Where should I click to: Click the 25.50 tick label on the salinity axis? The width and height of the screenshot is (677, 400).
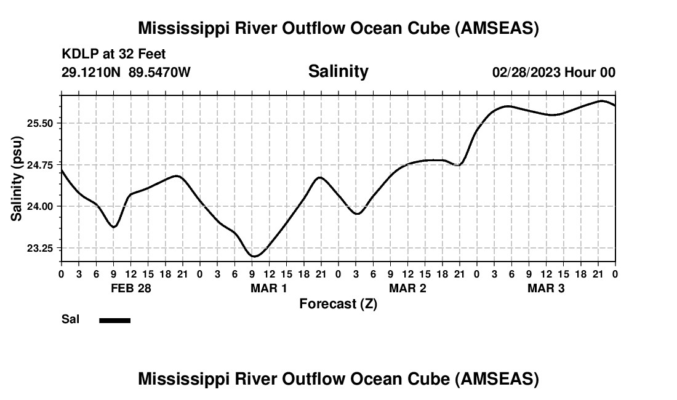[41, 123]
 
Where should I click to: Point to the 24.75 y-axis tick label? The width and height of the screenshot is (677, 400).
[41, 165]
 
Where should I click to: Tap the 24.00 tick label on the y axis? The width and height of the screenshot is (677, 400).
[41, 206]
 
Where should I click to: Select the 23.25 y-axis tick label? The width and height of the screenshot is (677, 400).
[41, 248]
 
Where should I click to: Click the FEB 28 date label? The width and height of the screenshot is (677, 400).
[131, 288]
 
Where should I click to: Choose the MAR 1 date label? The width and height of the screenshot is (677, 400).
[269, 288]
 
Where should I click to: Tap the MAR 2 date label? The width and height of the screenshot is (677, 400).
[407, 288]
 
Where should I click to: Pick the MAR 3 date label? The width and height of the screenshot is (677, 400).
[546, 288]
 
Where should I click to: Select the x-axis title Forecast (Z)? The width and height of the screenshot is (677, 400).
[338, 304]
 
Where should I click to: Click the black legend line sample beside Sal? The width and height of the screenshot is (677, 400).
[114, 320]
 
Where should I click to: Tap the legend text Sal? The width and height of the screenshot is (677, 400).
[70, 319]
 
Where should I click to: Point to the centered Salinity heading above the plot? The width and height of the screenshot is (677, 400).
[338, 71]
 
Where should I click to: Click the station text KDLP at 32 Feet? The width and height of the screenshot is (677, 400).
[114, 55]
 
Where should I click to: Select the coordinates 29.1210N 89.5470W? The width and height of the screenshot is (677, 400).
[126, 73]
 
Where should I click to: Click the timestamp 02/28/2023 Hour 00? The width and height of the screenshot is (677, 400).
[553, 73]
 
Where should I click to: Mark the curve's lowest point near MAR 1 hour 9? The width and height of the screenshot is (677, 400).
[254, 256]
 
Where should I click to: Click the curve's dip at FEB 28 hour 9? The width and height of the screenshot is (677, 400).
[114, 227]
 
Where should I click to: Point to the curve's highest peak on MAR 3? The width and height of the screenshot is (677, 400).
[602, 100]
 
